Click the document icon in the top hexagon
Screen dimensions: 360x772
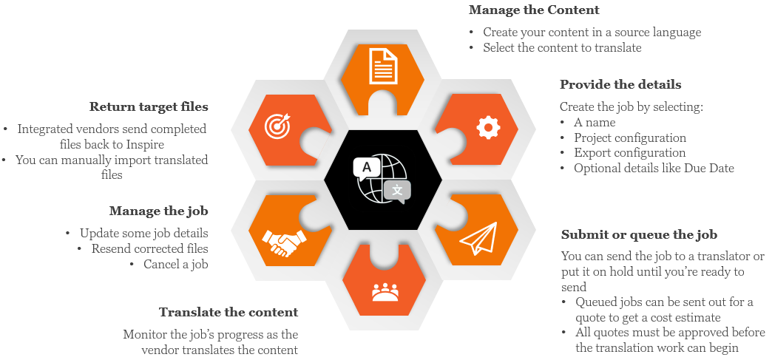382,65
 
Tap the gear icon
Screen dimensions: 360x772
488,128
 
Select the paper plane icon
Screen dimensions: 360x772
478,238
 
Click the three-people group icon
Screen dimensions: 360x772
383,293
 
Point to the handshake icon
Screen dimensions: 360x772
284,241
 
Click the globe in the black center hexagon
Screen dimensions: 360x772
382,178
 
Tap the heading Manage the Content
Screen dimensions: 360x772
533,10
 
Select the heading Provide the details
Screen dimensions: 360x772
620,84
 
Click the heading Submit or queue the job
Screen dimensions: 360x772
639,235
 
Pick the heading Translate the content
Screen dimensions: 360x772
228,312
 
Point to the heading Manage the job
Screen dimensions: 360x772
158,211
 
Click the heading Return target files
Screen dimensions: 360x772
149,106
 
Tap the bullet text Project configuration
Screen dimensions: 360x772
629,138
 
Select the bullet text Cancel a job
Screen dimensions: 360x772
175,264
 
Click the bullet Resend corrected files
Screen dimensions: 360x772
149,248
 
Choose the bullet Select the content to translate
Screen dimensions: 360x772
562,47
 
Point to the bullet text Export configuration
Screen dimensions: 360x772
629,153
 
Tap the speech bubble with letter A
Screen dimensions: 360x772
366,167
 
